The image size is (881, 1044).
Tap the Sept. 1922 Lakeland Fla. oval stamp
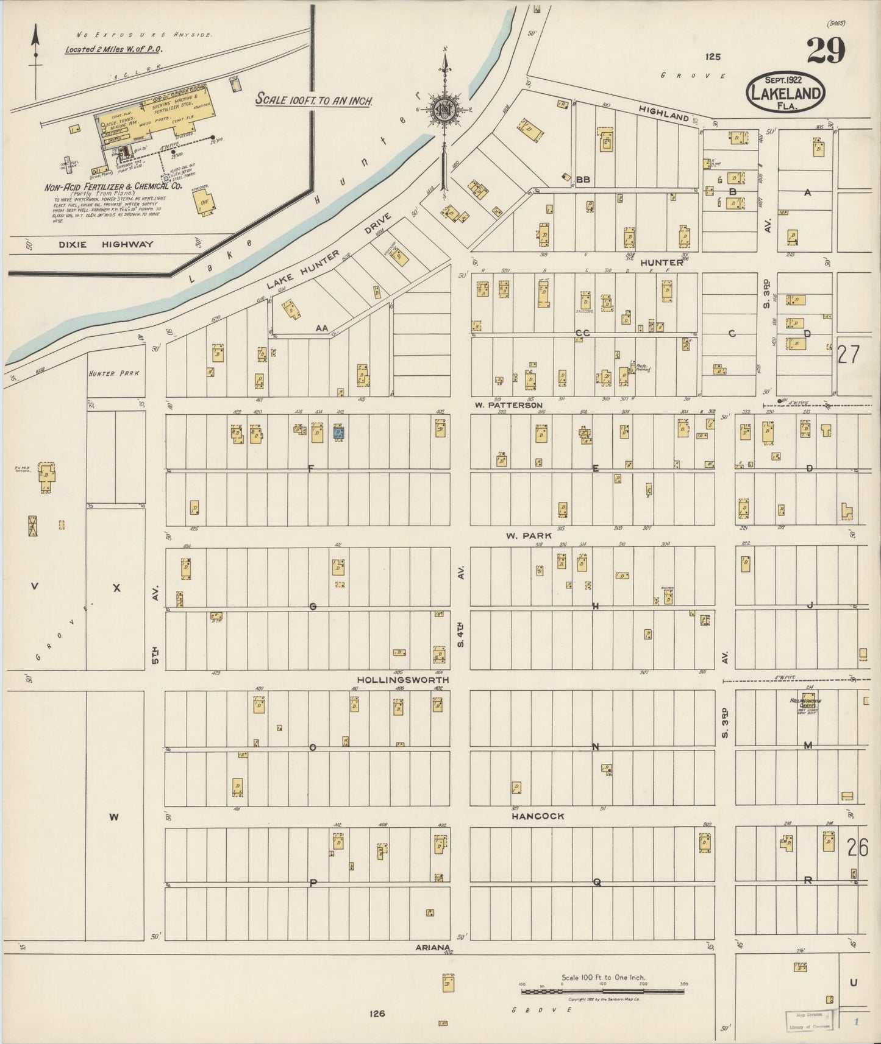pos(785,91)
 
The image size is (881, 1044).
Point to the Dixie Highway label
pos(107,245)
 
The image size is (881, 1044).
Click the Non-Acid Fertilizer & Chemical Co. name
pos(114,187)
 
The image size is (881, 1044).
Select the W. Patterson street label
pos(508,405)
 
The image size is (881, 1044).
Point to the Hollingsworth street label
pos(402,680)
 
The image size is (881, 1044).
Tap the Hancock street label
pos(537,816)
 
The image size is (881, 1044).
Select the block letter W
pos(113,817)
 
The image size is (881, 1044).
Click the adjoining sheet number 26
pos(857,847)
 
